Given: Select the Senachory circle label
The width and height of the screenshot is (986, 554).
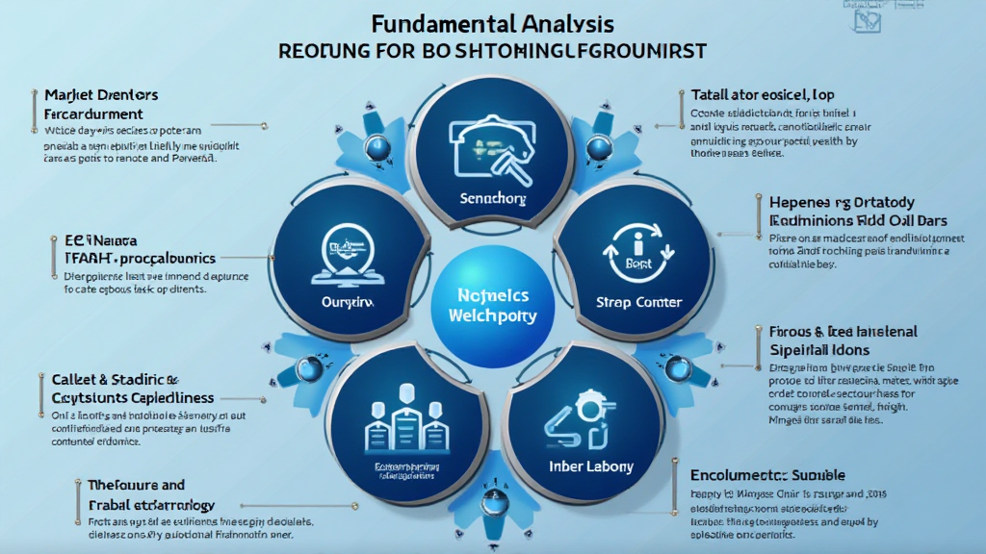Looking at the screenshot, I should (492, 199).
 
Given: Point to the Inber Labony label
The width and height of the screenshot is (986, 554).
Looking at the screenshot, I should (591, 466).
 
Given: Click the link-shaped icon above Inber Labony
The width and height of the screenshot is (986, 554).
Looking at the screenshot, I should (575, 420).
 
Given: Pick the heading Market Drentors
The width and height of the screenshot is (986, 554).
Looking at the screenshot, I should (101, 95).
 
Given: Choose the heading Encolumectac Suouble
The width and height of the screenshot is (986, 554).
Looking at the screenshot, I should (767, 475).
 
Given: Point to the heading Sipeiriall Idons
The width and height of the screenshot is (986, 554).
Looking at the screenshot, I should (818, 349).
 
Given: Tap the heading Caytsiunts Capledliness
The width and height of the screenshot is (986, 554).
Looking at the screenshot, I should (132, 397).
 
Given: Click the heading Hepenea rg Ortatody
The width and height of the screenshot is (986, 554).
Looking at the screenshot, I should (842, 203).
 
